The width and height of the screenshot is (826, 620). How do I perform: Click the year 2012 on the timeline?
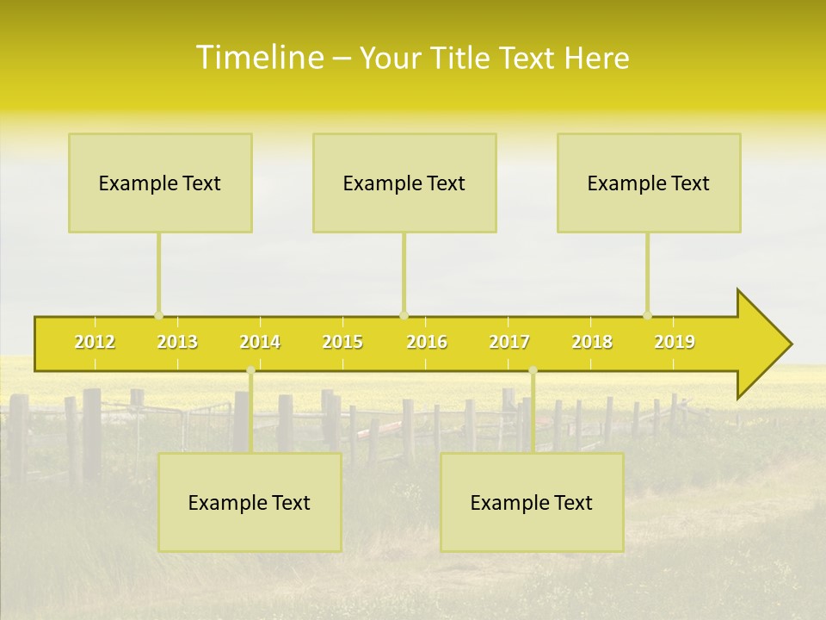[95, 342]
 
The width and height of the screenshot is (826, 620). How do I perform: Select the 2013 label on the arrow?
[177, 342]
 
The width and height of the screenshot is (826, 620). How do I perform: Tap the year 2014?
[260, 342]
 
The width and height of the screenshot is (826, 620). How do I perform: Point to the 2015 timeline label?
[342, 342]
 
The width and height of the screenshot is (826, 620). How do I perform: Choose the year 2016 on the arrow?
[427, 342]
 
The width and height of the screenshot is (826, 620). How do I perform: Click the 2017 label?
[509, 342]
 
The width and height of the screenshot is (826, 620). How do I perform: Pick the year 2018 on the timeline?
[592, 342]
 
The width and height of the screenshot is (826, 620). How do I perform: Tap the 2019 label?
[675, 342]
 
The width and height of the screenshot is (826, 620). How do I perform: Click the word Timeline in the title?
[258, 58]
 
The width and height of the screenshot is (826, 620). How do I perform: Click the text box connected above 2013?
[160, 183]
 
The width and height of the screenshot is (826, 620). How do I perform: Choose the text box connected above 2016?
[404, 183]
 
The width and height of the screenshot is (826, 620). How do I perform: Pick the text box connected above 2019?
[649, 183]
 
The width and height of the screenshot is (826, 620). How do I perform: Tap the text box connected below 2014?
[250, 502]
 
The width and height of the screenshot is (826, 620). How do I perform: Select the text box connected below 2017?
[532, 502]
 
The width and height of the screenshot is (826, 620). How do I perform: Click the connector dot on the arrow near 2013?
[158, 315]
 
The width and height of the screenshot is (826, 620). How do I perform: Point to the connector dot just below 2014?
[250, 370]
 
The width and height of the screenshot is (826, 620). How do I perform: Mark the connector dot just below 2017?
[533, 370]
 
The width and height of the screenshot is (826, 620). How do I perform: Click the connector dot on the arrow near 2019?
[647, 315]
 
